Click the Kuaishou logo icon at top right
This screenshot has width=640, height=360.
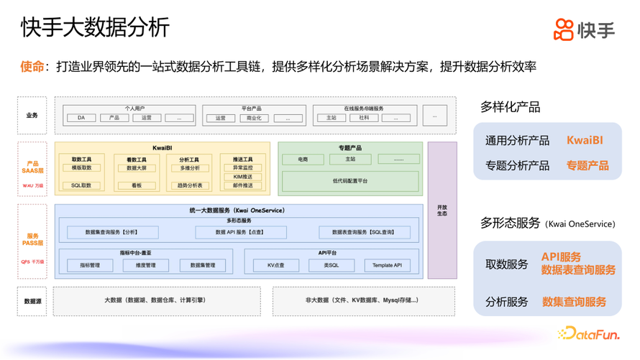563,29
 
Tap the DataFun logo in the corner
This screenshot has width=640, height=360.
588,333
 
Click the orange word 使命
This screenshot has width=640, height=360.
32,67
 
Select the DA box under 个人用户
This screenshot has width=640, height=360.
81,118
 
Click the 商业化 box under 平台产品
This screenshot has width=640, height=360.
254,118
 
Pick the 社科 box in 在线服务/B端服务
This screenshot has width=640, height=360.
364,118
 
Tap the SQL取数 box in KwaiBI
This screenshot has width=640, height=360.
81,185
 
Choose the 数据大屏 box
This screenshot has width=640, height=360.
137,168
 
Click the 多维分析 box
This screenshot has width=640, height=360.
190,168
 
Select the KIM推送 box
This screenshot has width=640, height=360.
242,177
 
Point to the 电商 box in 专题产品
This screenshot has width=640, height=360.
303,160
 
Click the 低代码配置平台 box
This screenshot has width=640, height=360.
349,181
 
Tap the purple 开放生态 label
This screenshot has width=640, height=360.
442,211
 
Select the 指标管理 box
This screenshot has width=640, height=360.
90,265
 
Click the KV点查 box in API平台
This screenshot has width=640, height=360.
276,265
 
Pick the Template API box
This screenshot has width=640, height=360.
387,265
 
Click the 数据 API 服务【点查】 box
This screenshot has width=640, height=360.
240,232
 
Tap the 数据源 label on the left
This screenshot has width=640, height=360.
32,302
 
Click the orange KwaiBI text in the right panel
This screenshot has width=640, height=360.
585,141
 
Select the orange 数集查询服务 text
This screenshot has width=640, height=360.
574,302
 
